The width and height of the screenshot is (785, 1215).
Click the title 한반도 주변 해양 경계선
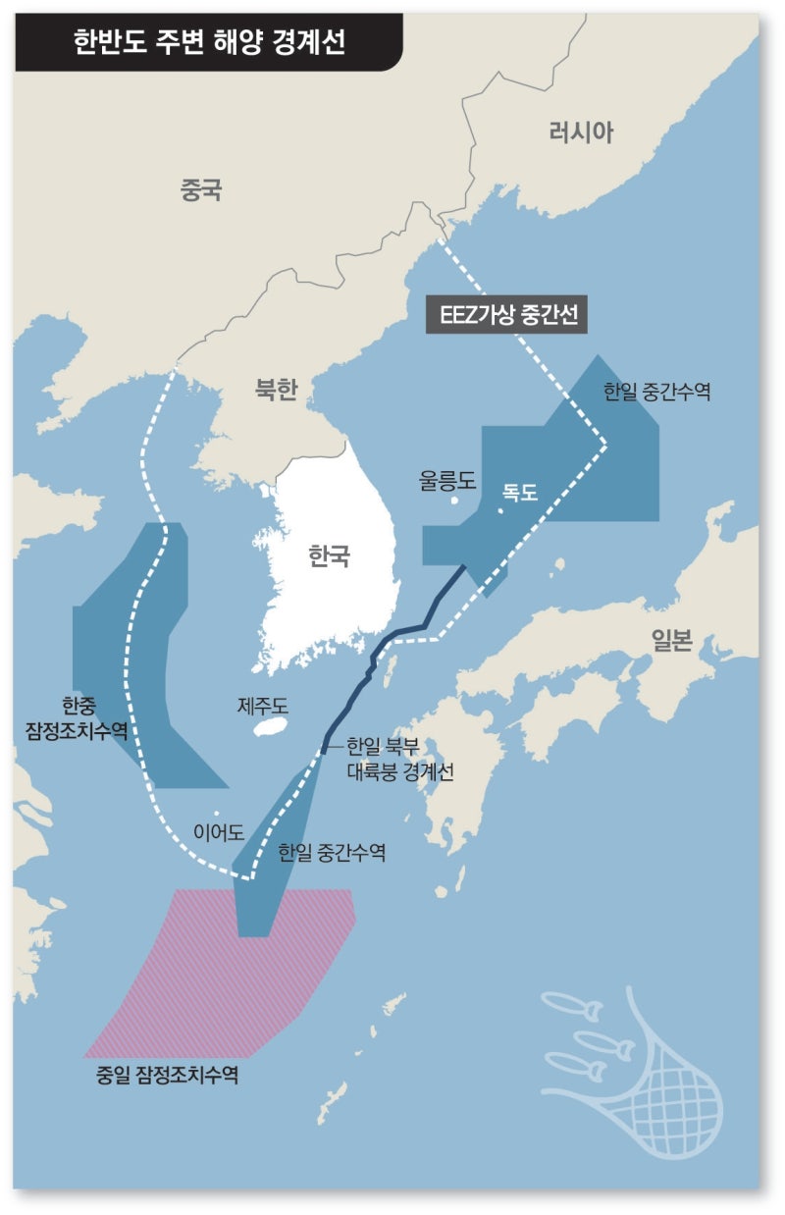(x=209, y=41)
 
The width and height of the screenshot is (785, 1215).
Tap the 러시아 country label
(x=580, y=132)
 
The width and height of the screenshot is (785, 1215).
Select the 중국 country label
(x=201, y=189)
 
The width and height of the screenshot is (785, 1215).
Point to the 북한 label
(x=276, y=391)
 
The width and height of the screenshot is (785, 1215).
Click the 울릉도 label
(x=446, y=480)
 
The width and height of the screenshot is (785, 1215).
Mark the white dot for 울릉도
(x=454, y=501)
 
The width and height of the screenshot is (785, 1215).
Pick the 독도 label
(x=520, y=493)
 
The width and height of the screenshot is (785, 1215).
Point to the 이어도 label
(x=218, y=833)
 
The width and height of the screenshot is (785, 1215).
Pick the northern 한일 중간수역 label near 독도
(x=656, y=392)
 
